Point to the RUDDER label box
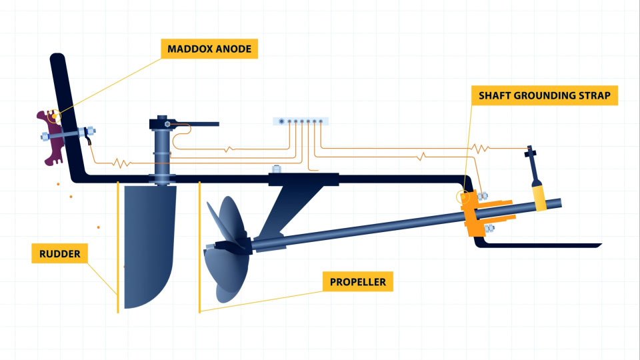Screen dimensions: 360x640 (59, 254)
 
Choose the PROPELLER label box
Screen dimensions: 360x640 (358, 282)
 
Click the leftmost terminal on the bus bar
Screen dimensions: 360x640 (283, 121)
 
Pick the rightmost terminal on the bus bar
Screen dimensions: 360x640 (323, 121)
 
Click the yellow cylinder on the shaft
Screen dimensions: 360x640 (539, 194)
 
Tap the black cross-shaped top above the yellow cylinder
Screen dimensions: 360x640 (531, 156)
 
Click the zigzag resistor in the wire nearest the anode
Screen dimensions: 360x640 (120, 162)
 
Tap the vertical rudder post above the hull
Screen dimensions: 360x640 (163, 150)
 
